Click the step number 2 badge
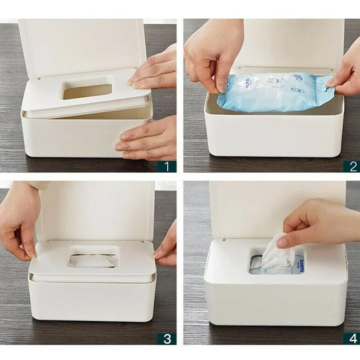point(351,166)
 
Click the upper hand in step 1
point(155,67)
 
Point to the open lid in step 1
point(81,45)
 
